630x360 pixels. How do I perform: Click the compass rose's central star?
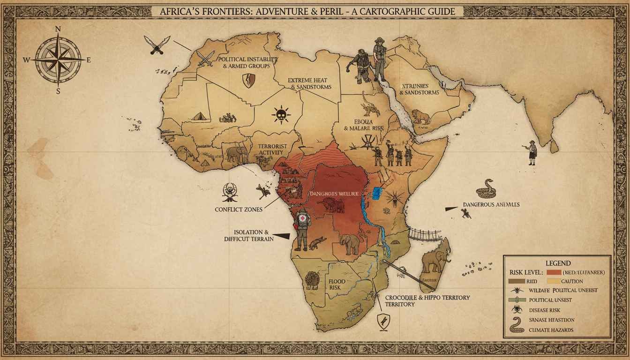58,60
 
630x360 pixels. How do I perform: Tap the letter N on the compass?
58,29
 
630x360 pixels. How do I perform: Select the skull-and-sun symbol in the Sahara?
280,114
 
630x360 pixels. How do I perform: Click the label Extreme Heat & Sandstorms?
309,83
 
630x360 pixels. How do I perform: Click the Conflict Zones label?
238,209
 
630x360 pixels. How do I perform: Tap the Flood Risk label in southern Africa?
337,285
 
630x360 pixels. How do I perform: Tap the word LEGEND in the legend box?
558,263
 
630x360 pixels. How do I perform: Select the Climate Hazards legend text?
550,330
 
